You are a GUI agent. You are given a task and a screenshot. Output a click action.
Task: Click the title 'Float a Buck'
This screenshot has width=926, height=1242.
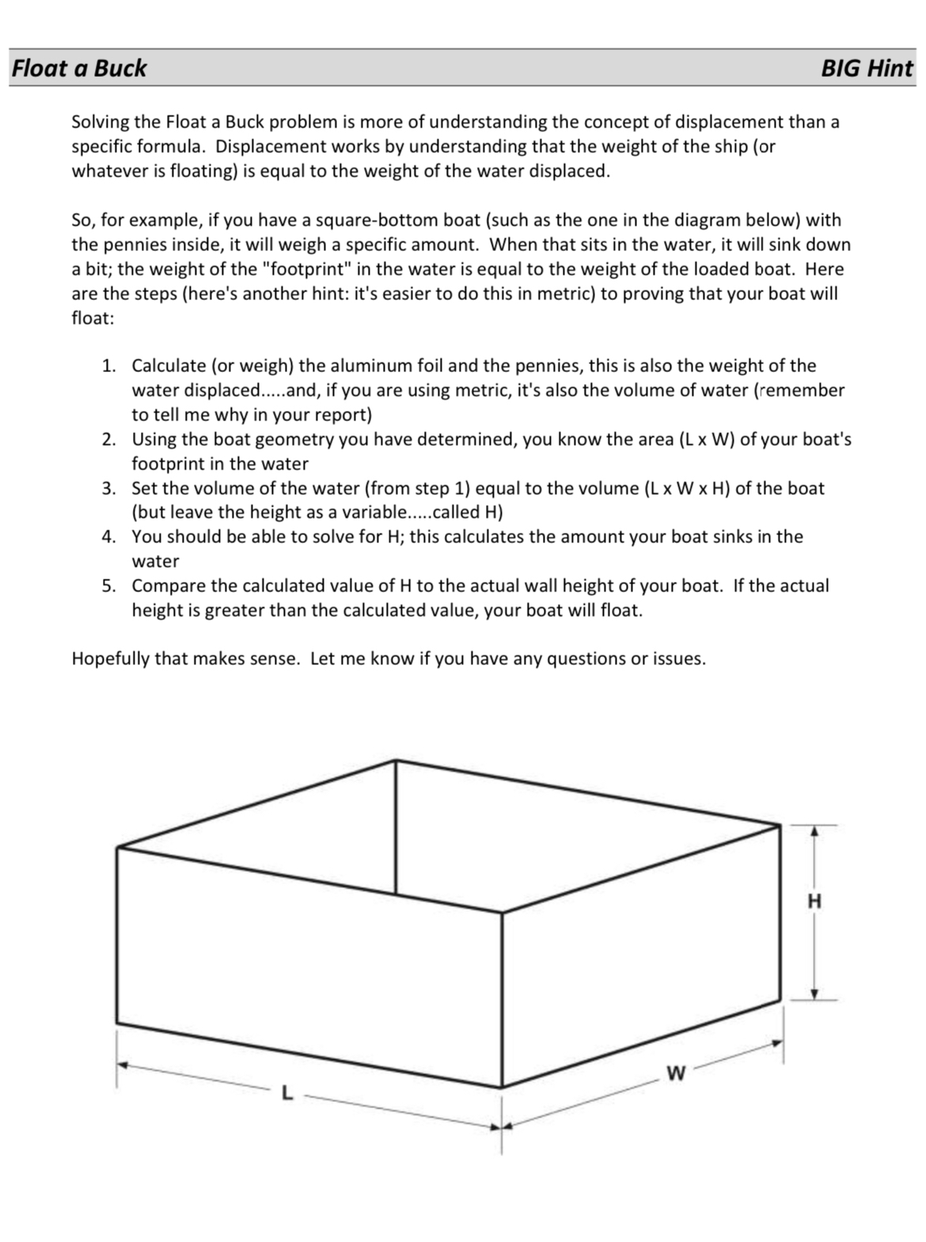[79, 68]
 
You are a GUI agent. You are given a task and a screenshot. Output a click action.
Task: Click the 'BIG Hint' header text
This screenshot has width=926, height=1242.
[867, 68]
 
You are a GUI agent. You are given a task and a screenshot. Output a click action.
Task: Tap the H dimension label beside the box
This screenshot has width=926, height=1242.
[814, 901]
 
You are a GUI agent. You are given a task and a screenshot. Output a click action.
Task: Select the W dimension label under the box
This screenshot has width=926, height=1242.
[675, 1073]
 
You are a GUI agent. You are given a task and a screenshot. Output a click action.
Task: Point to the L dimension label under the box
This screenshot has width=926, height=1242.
[287, 1095]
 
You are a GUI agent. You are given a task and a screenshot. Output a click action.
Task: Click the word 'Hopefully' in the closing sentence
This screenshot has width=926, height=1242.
[109, 659]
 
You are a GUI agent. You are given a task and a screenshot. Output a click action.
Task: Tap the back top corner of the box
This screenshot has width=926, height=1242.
[396, 761]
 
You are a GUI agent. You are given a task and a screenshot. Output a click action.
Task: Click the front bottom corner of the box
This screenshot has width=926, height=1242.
[502, 1087]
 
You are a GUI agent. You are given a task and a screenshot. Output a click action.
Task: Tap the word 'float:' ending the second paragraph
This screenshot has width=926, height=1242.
[93, 319]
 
